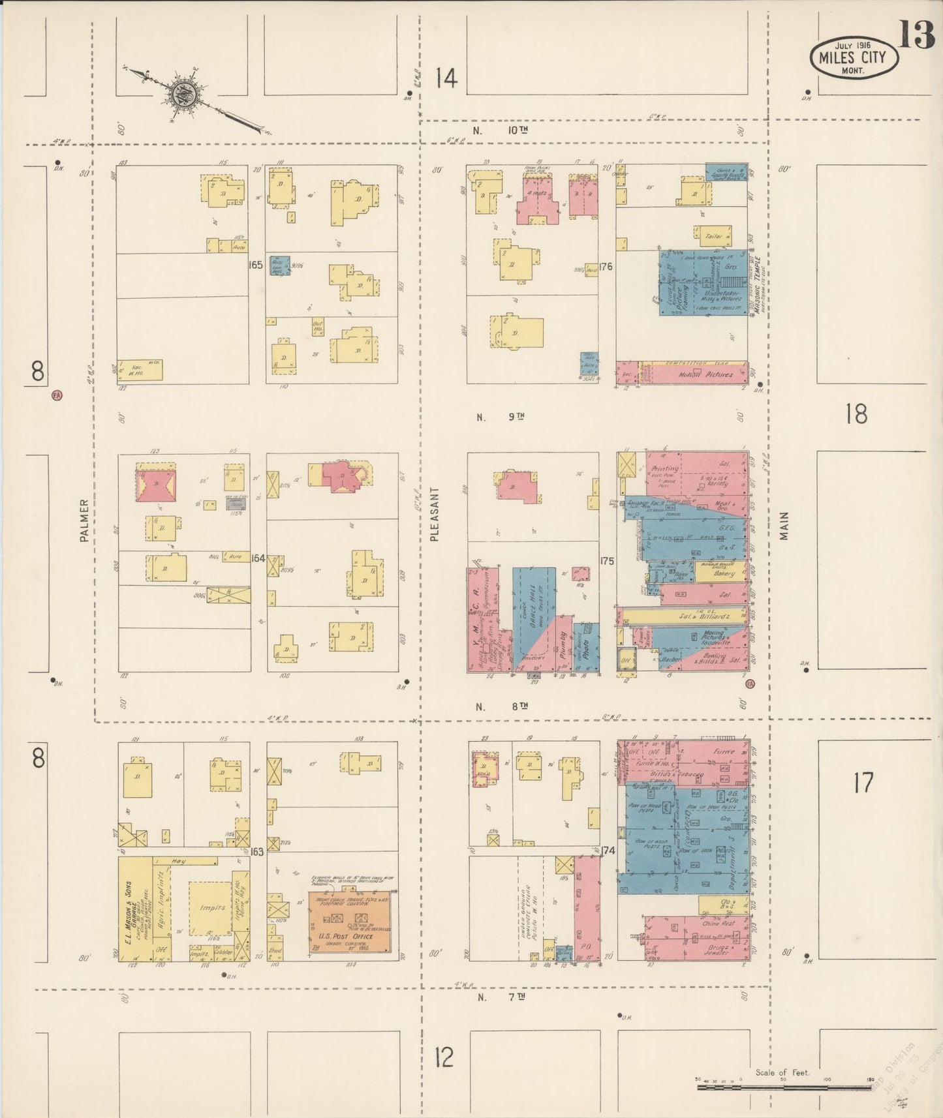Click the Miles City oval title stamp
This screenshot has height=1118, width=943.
tap(854, 58)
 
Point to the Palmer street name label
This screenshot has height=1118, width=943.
tap(84, 521)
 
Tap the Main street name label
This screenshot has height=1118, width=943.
tap(784, 526)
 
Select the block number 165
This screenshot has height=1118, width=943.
tap(256, 265)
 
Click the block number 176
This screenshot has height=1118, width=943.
tap(606, 266)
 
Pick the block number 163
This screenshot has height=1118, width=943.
tap(257, 852)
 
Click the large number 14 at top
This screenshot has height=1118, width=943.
tap(446, 79)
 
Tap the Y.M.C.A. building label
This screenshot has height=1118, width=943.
tap(476, 620)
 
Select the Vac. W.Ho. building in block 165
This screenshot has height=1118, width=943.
tap(140, 370)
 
